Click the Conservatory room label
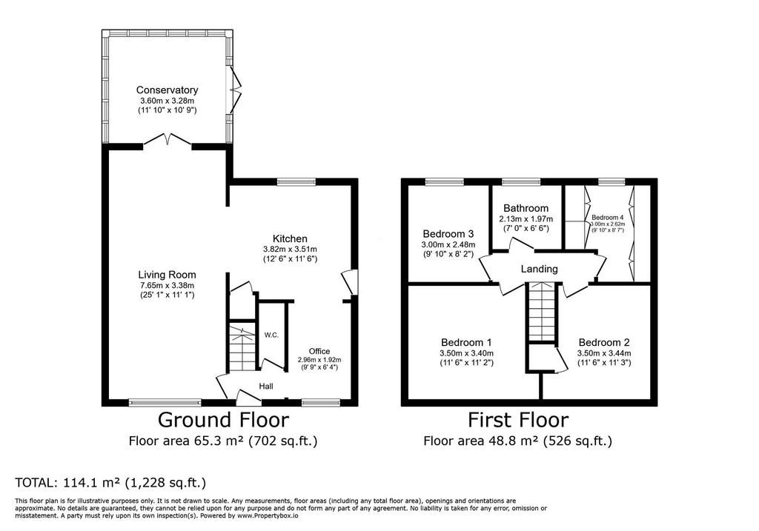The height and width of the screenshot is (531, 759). pyautogui.click(x=167, y=90)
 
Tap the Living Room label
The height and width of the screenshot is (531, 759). pyautogui.click(x=167, y=275)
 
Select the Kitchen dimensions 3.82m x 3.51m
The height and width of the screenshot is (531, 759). pyautogui.click(x=290, y=250)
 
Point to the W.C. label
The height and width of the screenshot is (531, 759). pyautogui.click(x=271, y=335)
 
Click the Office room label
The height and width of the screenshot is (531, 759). pyautogui.click(x=319, y=351)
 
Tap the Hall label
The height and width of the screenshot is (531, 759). pyautogui.click(x=266, y=386)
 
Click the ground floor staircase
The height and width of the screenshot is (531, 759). pyautogui.click(x=242, y=348)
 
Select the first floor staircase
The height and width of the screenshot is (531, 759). pyautogui.click(x=540, y=312)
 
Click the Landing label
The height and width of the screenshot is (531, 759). pyautogui.click(x=540, y=269)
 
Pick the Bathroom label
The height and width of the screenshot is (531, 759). pyautogui.click(x=526, y=208)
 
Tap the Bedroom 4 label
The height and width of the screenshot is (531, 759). pyautogui.click(x=608, y=218)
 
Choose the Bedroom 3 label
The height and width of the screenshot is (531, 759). pyautogui.click(x=448, y=233)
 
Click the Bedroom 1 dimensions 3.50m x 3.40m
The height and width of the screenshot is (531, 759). pyautogui.click(x=467, y=353)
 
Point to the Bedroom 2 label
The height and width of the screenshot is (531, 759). pyautogui.click(x=604, y=342)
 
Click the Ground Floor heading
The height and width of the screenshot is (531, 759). pyautogui.click(x=223, y=420)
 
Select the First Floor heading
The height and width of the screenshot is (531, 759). pyautogui.click(x=518, y=420)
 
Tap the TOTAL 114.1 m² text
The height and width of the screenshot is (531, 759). pyautogui.click(x=111, y=483)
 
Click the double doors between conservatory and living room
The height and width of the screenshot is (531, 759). pyautogui.click(x=168, y=139)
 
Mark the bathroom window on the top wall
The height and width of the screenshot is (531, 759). pyautogui.click(x=521, y=182)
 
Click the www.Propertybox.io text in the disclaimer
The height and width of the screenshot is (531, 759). pyautogui.click(x=268, y=516)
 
